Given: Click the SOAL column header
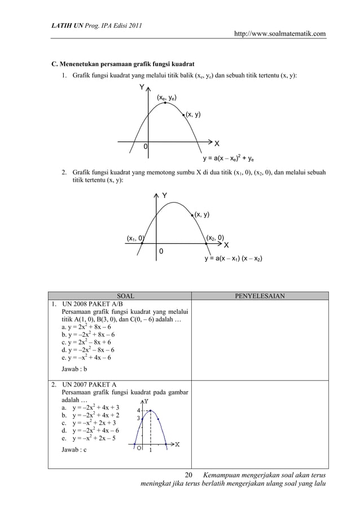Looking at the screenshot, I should point(125,295).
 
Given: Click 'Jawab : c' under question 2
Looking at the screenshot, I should point(74,450).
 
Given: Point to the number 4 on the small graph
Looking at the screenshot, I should point(139,410).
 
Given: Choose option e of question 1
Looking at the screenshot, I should point(86,357).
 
